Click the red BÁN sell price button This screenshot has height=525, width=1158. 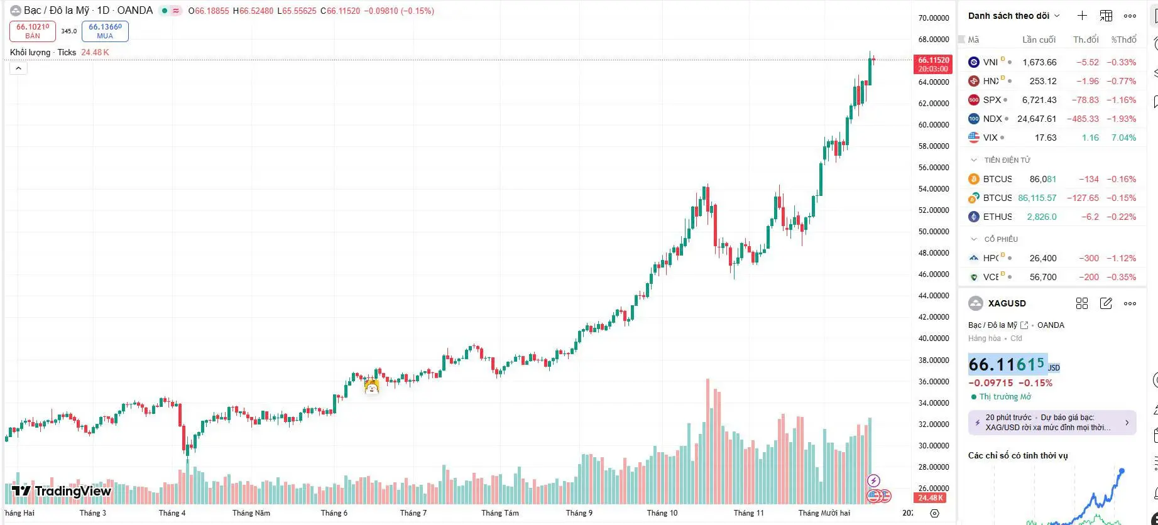point(33,31)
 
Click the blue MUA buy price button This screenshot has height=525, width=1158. point(105,31)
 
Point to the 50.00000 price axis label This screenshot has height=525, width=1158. point(933,232)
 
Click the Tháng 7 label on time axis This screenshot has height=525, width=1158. point(413,513)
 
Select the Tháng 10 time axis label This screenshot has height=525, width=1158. point(662,513)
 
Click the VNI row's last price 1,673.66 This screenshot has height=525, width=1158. point(1039,62)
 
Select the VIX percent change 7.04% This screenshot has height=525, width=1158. point(1123,138)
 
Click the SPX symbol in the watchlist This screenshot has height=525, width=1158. point(991,100)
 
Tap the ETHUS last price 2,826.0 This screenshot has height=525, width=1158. point(1042,217)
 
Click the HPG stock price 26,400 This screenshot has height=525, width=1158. point(1043,258)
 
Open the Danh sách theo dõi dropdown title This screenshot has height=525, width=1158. point(1013,16)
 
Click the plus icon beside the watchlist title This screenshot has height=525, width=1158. point(1082,16)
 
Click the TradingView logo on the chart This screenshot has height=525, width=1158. point(62,491)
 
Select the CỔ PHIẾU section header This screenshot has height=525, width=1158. point(1001,239)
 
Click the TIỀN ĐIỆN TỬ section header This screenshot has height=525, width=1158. point(1007,160)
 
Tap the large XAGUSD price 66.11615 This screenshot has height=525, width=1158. point(1007,364)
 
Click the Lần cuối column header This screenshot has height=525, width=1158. point(1039,40)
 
